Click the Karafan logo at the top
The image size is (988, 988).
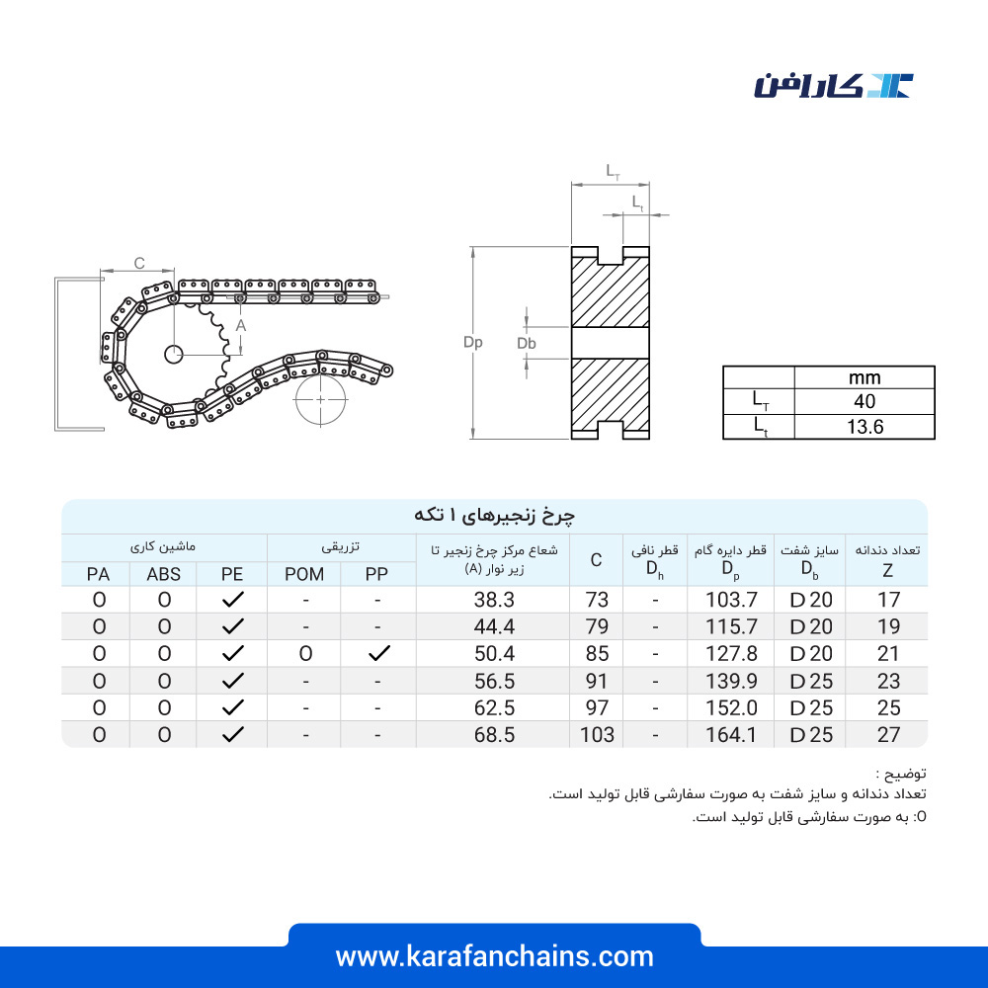(x=833, y=86)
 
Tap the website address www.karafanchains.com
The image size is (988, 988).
(x=495, y=956)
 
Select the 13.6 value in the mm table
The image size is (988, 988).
(x=864, y=427)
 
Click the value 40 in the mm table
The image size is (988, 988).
(x=864, y=401)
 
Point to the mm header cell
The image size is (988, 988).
(x=864, y=377)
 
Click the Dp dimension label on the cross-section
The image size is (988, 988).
(x=472, y=342)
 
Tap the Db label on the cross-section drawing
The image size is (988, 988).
(x=527, y=344)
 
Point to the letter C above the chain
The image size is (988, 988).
(x=139, y=263)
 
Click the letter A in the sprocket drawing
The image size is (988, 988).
(x=241, y=326)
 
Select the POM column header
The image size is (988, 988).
(x=304, y=574)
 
